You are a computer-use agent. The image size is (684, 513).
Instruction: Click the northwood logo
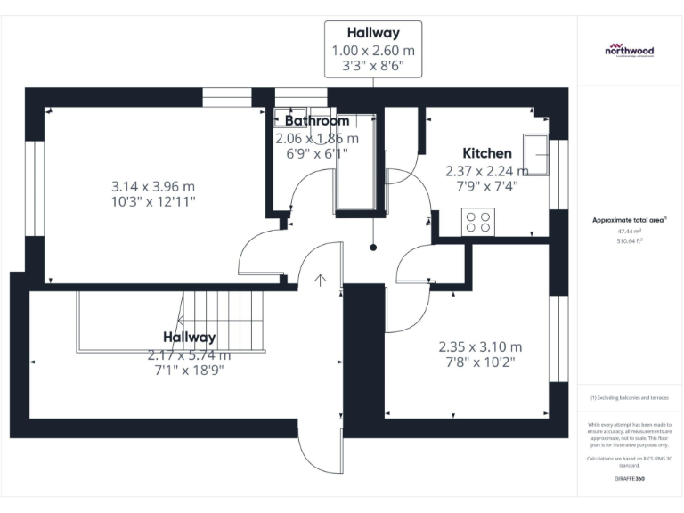(629, 51)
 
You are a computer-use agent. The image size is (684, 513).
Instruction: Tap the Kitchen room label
(487, 153)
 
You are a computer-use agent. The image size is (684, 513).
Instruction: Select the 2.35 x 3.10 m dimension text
(480, 346)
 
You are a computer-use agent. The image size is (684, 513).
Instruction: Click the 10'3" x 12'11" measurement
(153, 202)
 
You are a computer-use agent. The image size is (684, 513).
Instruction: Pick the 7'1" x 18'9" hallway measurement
(189, 370)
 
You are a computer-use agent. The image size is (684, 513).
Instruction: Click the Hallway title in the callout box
(372, 33)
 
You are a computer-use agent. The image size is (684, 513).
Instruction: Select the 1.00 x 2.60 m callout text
(372, 50)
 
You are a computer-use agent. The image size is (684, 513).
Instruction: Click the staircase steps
(223, 316)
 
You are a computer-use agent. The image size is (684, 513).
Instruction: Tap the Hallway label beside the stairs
(189, 338)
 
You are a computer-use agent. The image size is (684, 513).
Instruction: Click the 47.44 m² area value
(629, 230)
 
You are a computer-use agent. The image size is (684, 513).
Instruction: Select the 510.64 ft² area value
(629, 240)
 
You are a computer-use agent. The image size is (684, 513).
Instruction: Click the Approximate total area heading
(629, 219)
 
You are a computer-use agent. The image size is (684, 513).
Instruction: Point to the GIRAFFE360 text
(629, 479)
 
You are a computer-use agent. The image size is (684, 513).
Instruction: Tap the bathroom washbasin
(292, 119)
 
